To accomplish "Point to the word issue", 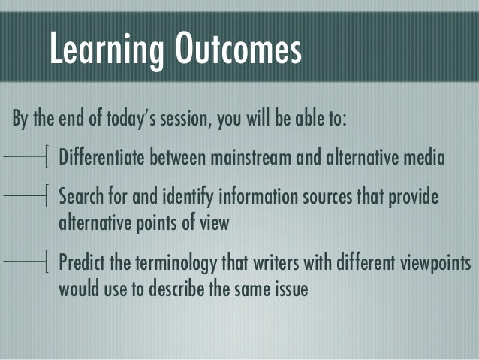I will pos(291,289).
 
